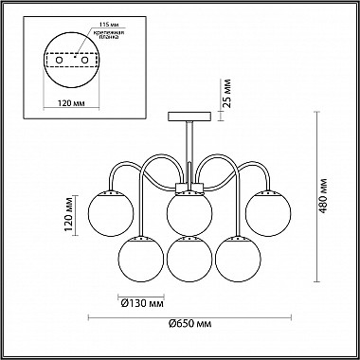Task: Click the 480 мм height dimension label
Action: pyautogui.click(x=323, y=196)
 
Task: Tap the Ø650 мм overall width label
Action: pyautogui.click(x=189, y=324)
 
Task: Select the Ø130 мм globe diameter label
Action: pyautogui.click(x=142, y=304)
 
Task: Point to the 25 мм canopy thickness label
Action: pyautogui.click(x=226, y=94)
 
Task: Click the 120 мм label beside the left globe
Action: pyautogui.click(x=70, y=214)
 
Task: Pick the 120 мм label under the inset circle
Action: pyautogui.click(x=72, y=103)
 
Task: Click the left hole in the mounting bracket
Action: pyautogui.click(x=59, y=60)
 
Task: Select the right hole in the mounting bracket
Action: pyautogui.click(x=84, y=60)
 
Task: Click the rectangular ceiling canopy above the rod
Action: pyautogui.click(x=189, y=117)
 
